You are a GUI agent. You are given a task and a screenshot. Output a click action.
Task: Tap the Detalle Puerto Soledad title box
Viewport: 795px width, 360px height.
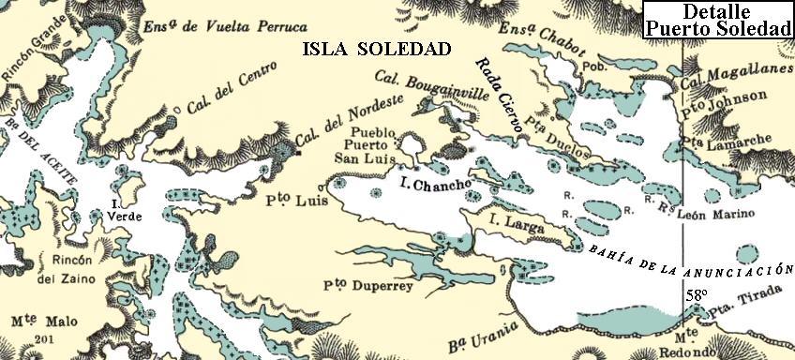(719, 20)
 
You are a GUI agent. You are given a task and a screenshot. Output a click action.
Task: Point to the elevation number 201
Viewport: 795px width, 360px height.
(42, 338)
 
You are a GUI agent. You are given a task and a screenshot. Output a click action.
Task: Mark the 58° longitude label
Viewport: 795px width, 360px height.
(695, 294)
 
